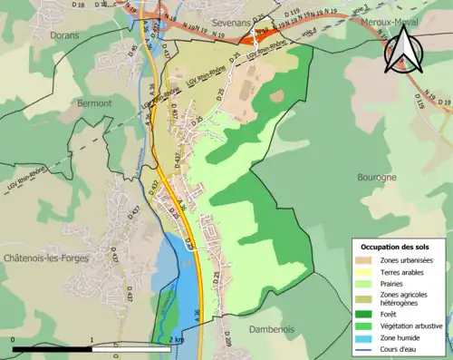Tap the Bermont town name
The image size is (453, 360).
94,103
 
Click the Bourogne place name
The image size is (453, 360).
377,178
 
